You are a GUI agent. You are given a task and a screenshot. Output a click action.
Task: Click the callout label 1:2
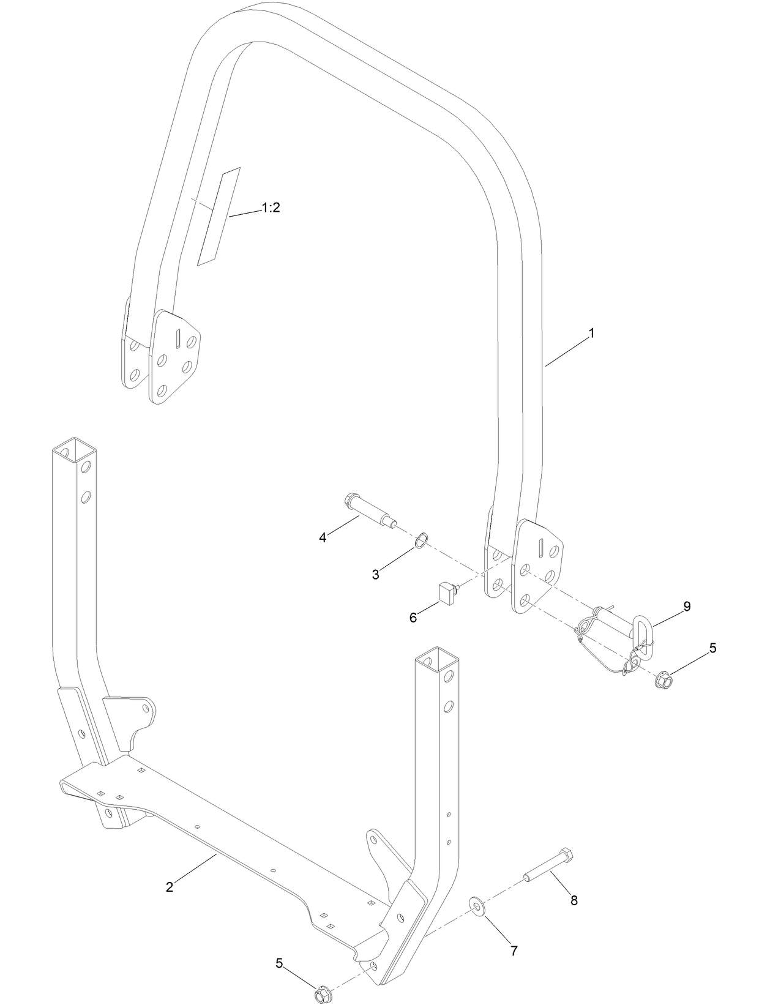pyautogui.click(x=270, y=208)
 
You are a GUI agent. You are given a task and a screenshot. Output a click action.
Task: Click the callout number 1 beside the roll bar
pyautogui.click(x=591, y=334)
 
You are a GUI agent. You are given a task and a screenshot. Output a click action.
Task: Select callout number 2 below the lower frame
pyautogui.click(x=170, y=887)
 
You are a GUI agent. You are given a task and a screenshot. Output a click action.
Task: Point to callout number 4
pyautogui.click(x=323, y=537)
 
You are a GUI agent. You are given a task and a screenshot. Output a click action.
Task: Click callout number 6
pyautogui.click(x=413, y=618)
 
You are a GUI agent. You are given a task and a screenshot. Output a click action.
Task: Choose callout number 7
pyautogui.click(x=514, y=951)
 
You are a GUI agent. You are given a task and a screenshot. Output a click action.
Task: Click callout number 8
pyautogui.click(x=574, y=900)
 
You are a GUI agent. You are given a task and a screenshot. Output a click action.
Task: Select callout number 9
pyautogui.click(x=687, y=607)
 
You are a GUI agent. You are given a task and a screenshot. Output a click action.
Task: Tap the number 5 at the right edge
pyautogui.click(x=712, y=648)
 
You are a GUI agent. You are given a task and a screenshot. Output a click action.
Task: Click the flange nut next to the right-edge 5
pyautogui.click(x=663, y=679)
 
